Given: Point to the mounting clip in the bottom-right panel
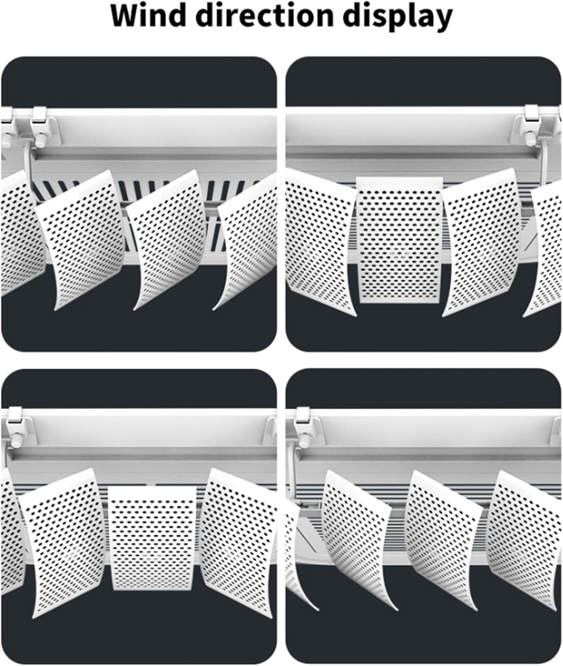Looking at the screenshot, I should [x=303, y=417].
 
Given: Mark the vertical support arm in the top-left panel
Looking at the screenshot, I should [x=26, y=164].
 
